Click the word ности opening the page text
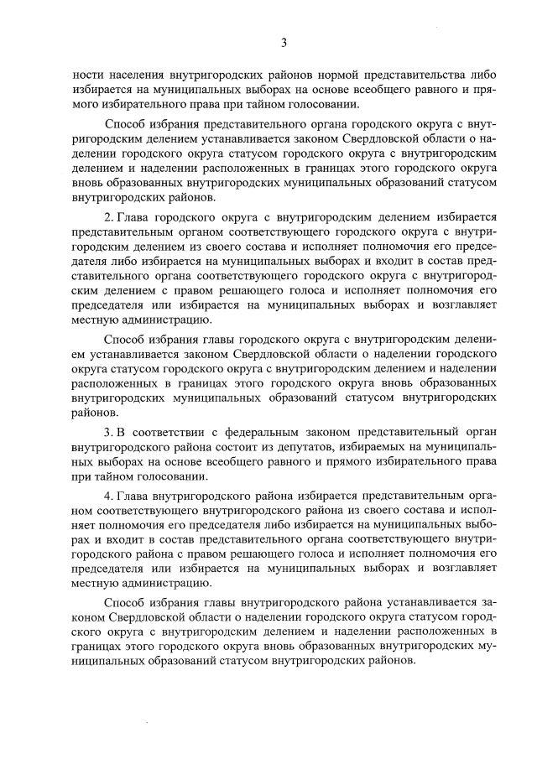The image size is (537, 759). pyautogui.click(x=86, y=75)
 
